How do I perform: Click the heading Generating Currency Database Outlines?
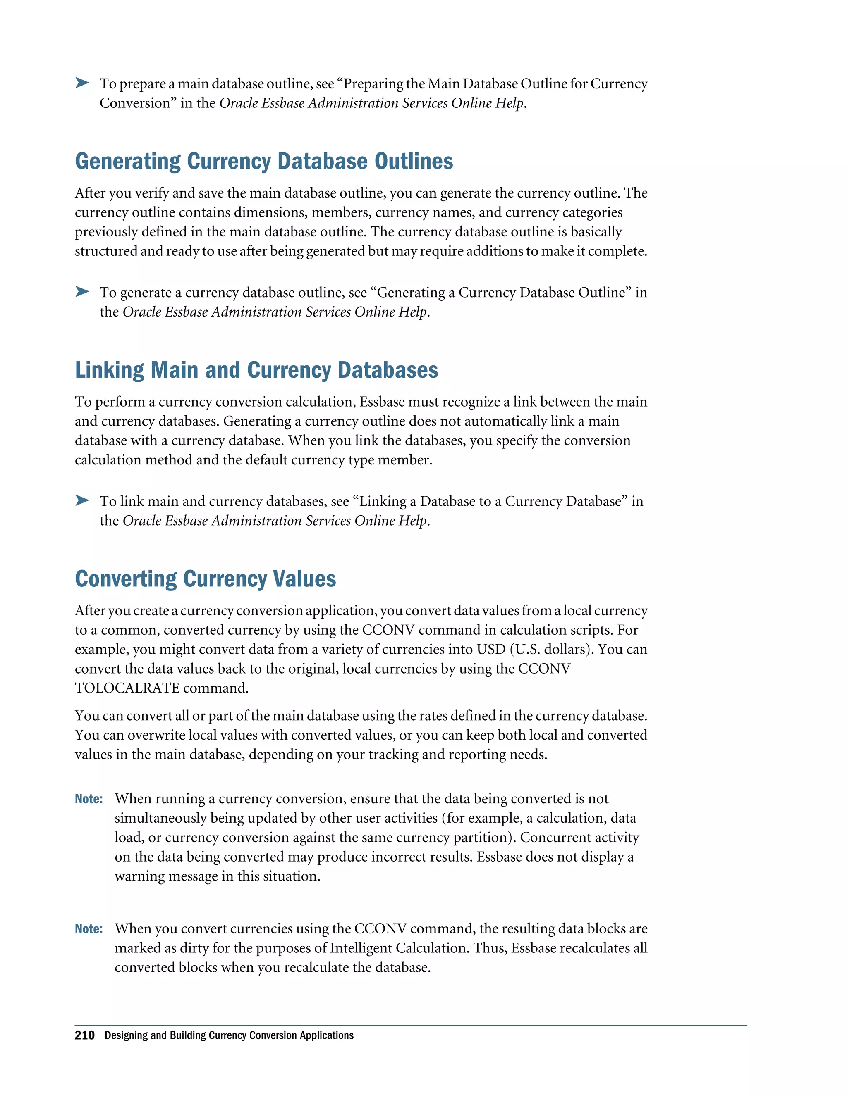263,162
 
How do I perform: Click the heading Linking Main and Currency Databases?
256,370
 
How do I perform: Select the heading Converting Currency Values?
205,578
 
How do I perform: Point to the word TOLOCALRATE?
127,688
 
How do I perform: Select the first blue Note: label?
89,799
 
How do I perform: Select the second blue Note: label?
89,929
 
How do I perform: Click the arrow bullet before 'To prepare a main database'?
82,83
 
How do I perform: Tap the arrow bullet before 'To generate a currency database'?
82,292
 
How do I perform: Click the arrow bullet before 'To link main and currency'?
82,500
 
